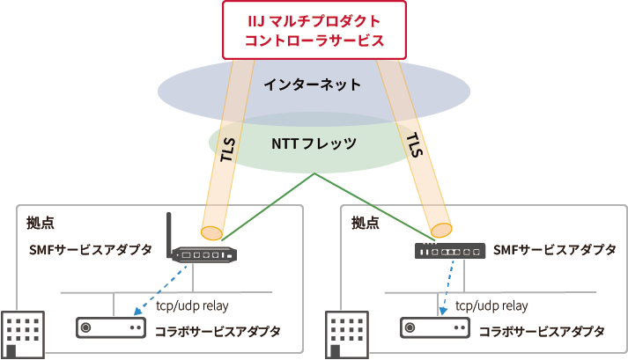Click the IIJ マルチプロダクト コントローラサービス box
(314, 30)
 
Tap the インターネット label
(313, 85)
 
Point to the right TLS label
(413, 145)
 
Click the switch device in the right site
(449, 251)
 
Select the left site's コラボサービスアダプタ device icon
(110, 327)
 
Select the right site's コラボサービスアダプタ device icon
(434, 327)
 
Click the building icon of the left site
(22, 334)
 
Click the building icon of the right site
(346, 334)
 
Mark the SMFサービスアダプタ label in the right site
(555, 250)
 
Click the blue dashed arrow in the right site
(440, 283)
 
